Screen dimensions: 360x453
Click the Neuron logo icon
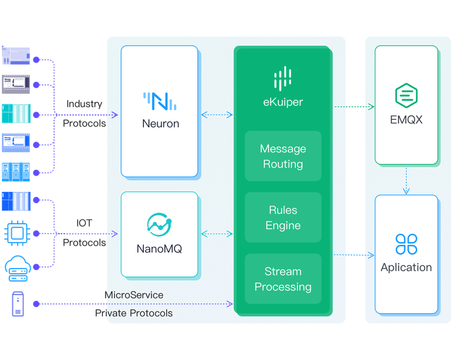[160, 101]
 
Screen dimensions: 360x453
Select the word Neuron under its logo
[160, 124]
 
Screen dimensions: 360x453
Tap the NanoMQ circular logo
[159, 224]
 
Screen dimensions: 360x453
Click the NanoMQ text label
[159, 248]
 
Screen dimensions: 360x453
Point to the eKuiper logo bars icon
[283, 78]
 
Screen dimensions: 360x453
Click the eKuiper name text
[283, 102]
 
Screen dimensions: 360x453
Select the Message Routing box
[283, 156]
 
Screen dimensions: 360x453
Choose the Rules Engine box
[283, 218]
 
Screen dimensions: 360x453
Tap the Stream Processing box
[283, 279]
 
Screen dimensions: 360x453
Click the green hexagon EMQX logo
[406, 95]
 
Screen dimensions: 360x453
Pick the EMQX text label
[406, 120]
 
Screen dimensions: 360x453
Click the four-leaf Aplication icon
[406, 243]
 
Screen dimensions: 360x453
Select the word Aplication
[406, 267]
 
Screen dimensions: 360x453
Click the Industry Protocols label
[84, 113]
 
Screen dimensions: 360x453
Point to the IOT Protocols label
[84, 233]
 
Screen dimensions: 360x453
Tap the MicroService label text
[134, 294]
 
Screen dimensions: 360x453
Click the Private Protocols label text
[134, 313]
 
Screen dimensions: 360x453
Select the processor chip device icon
[16, 232]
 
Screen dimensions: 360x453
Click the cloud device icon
[16, 266]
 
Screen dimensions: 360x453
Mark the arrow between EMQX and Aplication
[406, 179]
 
